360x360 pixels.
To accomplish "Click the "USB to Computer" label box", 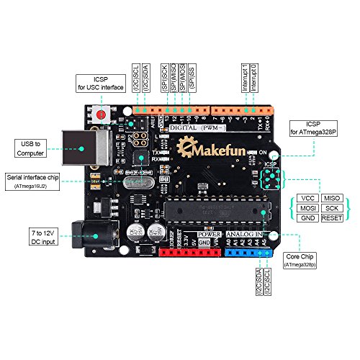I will (30, 148).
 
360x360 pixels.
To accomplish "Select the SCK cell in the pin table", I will (332, 207).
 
